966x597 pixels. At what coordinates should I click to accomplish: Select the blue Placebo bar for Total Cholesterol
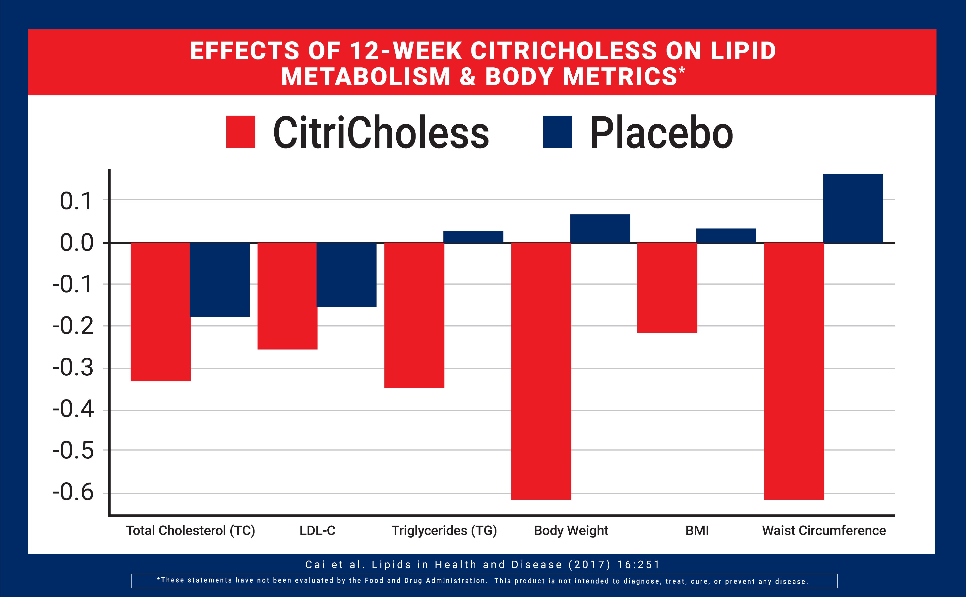click(220, 280)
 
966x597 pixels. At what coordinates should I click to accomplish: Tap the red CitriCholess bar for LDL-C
click(287, 296)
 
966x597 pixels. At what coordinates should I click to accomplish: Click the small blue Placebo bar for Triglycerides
click(473, 237)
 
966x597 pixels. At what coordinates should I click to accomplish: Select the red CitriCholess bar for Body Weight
click(541, 371)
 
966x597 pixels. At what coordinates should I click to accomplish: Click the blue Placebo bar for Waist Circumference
click(853, 208)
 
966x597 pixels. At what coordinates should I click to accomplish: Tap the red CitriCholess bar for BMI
click(667, 288)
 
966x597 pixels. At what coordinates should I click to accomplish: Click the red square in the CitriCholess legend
click(241, 132)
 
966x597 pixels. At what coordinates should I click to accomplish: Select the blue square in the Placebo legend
click(557, 132)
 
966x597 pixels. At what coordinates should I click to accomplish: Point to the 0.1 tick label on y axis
click(76, 201)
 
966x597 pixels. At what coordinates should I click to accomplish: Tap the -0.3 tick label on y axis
click(73, 368)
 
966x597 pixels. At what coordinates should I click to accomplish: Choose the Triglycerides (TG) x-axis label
click(444, 530)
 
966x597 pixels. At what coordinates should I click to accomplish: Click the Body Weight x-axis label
click(571, 530)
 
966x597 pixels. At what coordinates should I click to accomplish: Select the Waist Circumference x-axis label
click(824, 530)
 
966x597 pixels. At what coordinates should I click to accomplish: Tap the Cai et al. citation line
click(483, 565)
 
